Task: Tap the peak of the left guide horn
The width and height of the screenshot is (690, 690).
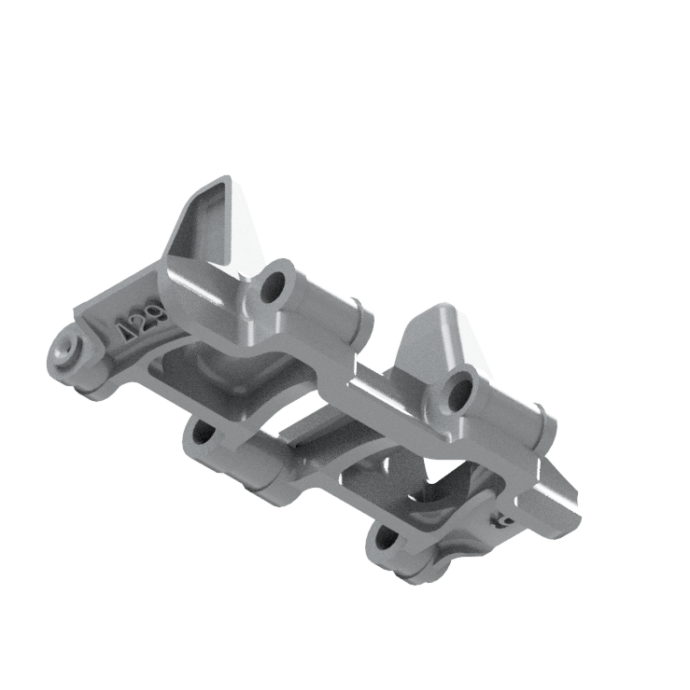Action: click(224, 179)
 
